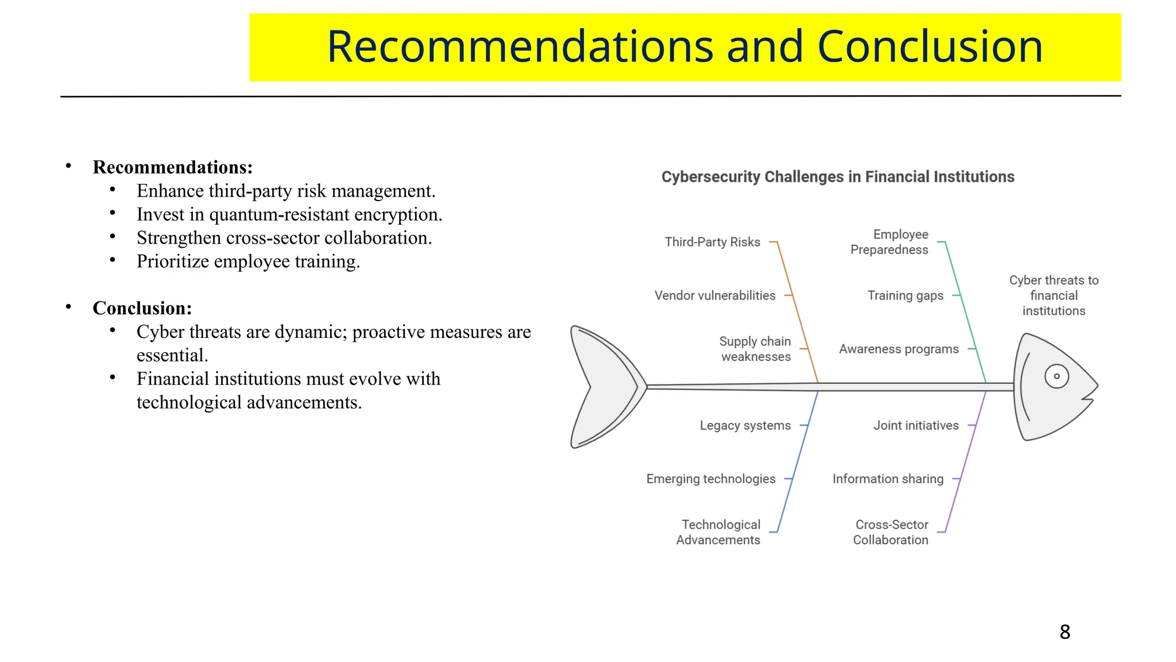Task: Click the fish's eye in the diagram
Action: (1057, 377)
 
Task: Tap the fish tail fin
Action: (603, 387)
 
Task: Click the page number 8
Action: (1065, 632)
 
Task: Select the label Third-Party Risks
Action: (712, 242)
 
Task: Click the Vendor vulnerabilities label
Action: (715, 295)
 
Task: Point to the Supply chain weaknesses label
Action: (755, 349)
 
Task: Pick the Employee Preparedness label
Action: (889, 242)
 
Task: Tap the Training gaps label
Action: (905, 295)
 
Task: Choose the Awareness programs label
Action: (899, 349)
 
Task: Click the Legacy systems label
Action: (745, 425)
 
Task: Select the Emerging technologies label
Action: (711, 479)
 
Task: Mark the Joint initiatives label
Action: (916, 425)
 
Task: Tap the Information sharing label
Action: (888, 479)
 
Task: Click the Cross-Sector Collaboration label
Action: (891, 532)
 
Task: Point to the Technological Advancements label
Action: (718, 532)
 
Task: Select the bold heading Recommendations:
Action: (173, 167)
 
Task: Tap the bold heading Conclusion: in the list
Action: (142, 308)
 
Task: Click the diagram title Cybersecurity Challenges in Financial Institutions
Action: (838, 177)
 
